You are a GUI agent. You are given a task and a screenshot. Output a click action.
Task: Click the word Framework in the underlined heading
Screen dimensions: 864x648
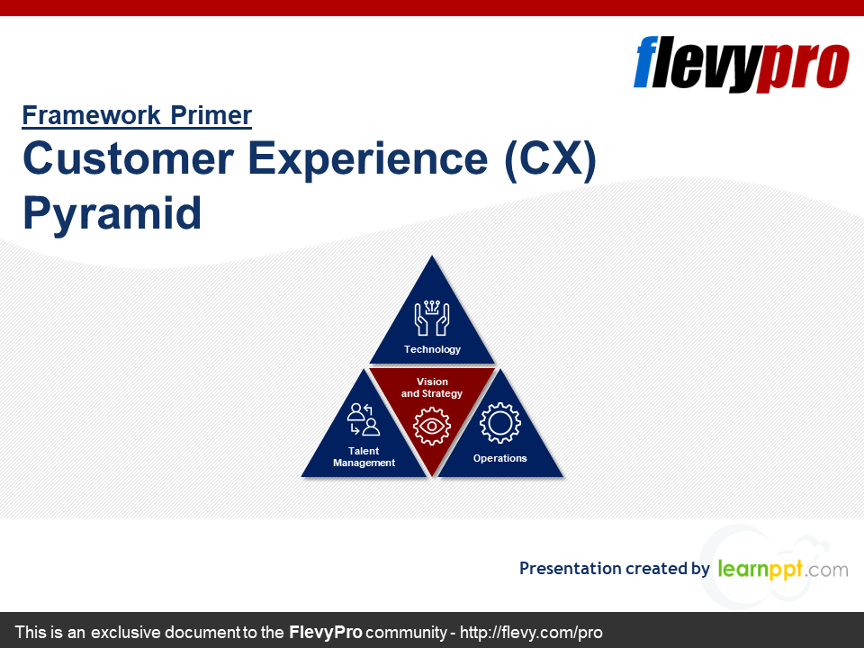(x=92, y=115)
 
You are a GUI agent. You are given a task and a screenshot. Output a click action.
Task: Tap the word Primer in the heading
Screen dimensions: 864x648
(x=211, y=115)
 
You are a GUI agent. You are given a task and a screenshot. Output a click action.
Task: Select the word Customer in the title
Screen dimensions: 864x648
(x=129, y=158)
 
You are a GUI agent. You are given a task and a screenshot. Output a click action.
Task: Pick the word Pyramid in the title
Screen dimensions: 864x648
(x=112, y=214)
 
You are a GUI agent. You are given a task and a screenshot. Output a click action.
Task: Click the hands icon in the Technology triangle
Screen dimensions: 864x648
(x=432, y=318)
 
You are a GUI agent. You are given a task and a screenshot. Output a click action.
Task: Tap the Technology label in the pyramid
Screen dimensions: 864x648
(x=432, y=349)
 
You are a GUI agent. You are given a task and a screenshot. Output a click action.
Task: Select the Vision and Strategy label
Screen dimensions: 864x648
(x=432, y=387)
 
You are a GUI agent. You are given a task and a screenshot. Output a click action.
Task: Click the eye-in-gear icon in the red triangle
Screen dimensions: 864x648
(x=432, y=426)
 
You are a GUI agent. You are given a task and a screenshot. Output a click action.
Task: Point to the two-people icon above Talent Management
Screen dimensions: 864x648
(x=364, y=419)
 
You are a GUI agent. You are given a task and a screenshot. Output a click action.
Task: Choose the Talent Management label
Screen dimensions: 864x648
(x=364, y=457)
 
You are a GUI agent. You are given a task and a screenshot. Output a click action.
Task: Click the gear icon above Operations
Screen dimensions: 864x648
(x=499, y=423)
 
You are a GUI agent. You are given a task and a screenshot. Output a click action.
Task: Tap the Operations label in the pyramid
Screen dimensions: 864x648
(x=499, y=458)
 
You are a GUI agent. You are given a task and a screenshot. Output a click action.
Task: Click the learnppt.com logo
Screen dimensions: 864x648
(x=783, y=569)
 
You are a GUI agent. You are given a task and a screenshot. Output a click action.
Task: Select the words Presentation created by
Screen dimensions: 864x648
(x=615, y=569)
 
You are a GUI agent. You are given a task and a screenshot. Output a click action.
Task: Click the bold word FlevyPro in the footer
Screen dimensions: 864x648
(x=326, y=632)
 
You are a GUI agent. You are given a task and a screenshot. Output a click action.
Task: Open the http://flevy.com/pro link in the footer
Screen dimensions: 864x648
(x=531, y=632)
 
